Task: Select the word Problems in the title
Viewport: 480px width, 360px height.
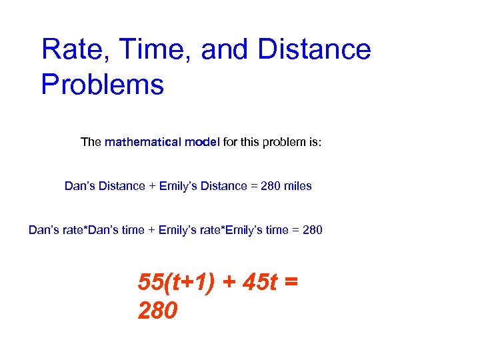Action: pyautogui.click(x=102, y=85)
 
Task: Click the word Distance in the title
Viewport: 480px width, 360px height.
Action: pyautogui.click(x=314, y=50)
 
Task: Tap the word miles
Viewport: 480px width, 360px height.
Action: pyautogui.click(x=297, y=186)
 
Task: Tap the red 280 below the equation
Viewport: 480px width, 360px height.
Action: pyautogui.click(x=157, y=310)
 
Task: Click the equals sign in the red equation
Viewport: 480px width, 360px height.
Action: pyautogui.click(x=291, y=283)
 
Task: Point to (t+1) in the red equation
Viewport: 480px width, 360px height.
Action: pyautogui.click(x=188, y=283)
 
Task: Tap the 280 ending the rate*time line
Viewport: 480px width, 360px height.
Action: pyautogui.click(x=312, y=230)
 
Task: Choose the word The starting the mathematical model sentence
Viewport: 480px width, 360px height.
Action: pyautogui.click(x=91, y=142)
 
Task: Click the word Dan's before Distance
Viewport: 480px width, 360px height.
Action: pyautogui.click(x=79, y=186)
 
